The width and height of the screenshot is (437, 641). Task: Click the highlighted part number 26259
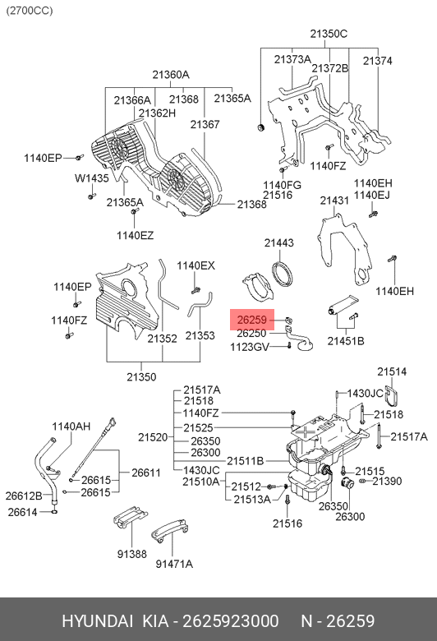(252, 320)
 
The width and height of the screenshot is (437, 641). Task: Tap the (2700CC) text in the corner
(30, 11)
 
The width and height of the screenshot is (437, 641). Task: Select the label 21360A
(171, 75)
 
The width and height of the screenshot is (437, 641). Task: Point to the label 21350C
(329, 34)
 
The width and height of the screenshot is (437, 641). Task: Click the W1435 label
(91, 178)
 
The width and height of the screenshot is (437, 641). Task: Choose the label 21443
(278, 242)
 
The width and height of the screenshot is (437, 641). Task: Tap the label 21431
(334, 201)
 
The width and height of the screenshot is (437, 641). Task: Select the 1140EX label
(195, 265)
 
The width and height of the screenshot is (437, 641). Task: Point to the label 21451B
(346, 341)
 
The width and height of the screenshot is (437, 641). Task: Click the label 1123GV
(250, 348)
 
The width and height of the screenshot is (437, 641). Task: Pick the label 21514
(392, 371)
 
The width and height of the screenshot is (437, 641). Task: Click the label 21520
(153, 437)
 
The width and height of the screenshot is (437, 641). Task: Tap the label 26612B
(24, 496)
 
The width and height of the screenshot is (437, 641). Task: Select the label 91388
(131, 554)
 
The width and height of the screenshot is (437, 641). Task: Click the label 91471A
(174, 564)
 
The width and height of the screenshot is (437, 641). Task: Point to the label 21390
(387, 481)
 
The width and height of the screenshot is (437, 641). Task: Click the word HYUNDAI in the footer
(97, 621)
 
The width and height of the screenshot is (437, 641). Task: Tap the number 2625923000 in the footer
(231, 621)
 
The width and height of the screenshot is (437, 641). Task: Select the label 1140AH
(71, 427)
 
